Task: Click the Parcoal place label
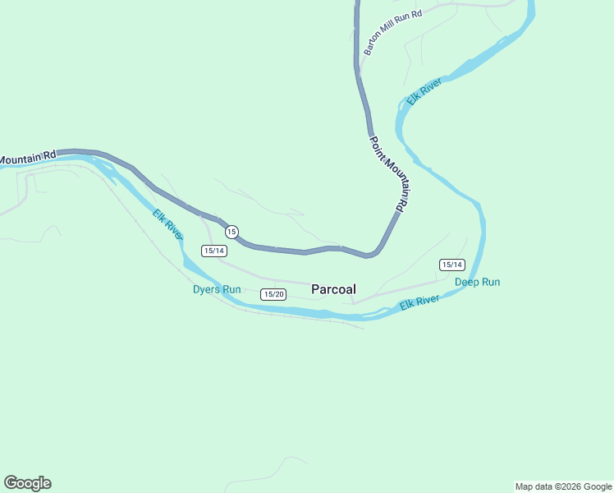(333, 289)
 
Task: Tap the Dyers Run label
(217, 289)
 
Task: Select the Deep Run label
(477, 282)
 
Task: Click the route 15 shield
(231, 232)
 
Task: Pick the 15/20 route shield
(273, 294)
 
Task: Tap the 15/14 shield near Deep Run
(452, 265)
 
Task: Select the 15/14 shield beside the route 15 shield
(214, 251)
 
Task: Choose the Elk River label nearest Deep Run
(420, 303)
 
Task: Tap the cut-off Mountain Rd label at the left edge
(28, 156)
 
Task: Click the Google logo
(27, 483)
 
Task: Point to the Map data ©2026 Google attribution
(563, 486)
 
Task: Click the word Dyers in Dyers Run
(206, 289)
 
